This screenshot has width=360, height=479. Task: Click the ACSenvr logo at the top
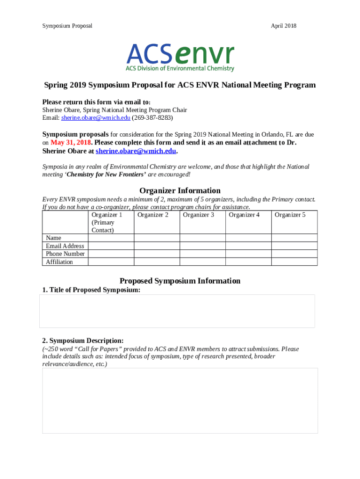(180, 57)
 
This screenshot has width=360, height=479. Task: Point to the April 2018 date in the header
(283, 26)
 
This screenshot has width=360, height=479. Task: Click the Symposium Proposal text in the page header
(67, 26)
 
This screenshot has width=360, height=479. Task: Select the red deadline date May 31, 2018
(71, 143)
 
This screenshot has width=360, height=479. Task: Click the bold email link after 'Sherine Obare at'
(136, 151)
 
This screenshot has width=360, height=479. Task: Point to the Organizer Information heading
(180, 190)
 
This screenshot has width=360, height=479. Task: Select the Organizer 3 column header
(198, 215)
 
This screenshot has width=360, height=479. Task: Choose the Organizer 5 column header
(290, 215)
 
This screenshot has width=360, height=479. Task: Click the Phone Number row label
(65, 254)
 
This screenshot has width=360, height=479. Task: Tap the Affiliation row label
(59, 262)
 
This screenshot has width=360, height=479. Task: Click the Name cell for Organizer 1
(111, 238)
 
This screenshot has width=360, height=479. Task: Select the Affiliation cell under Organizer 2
(157, 262)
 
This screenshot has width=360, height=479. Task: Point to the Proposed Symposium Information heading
(180, 281)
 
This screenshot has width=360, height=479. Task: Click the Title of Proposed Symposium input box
(177, 311)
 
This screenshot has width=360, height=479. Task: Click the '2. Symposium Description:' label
(83, 341)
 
